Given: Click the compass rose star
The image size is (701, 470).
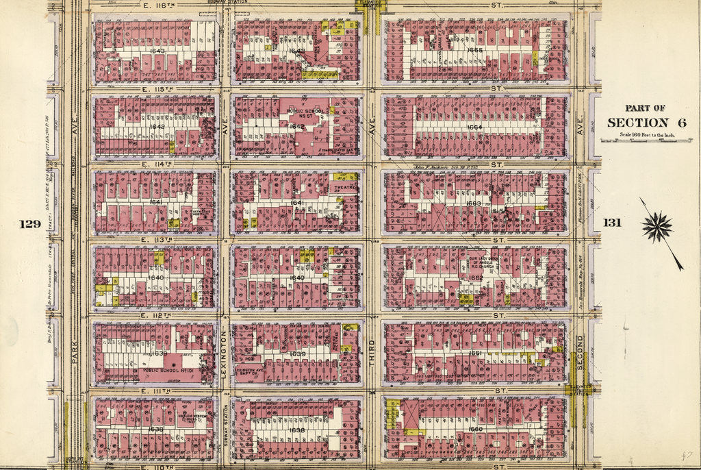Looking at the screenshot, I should point(657,227).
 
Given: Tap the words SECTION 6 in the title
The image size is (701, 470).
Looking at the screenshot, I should point(637,123).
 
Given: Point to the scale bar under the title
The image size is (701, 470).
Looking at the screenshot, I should point(637,140).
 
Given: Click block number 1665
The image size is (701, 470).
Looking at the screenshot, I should point(474,50).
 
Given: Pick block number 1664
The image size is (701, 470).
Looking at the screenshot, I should point(474,127).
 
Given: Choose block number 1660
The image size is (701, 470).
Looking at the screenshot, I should point(475,429).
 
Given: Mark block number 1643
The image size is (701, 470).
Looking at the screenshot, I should point(157,51).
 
